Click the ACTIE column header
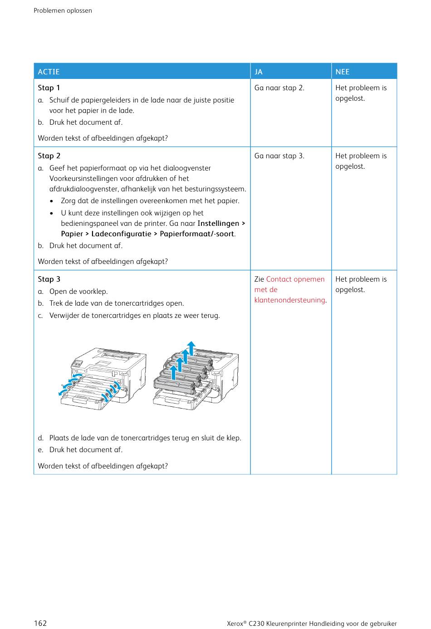[x=49, y=72]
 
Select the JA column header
[x=259, y=72]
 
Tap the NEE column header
[x=343, y=72]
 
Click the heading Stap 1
[x=49, y=88]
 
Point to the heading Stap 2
[x=49, y=156]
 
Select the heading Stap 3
[x=49, y=279]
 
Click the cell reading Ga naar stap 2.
[x=279, y=88]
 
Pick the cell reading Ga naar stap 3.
[x=279, y=156]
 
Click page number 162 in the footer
[x=40, y=623]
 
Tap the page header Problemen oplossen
[x=63, y=10]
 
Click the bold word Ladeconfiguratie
[x=121, y=234]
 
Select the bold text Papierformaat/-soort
[x=197, y=234]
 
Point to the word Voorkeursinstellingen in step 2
[x=84, y=179]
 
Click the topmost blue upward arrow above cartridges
[x=191, y=348]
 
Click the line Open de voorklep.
[x=78, y=292]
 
